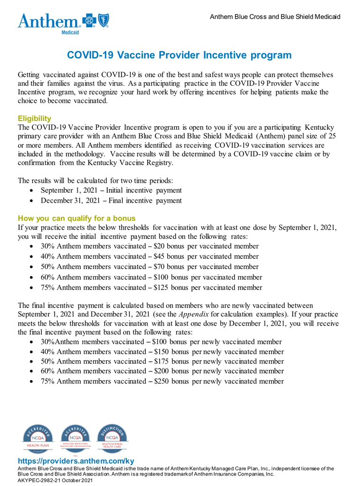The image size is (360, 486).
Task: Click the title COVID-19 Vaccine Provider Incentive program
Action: coord(179,55)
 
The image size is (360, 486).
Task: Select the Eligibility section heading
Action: coord(34,118)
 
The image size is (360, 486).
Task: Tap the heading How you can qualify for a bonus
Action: coord(76,218)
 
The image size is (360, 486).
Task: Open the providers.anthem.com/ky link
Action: coord(76,461)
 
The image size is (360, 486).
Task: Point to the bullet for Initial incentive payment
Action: coord(31,191)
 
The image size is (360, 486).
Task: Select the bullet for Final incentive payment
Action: coord(31,201)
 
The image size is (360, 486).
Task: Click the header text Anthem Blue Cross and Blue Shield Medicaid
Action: coord(275,17)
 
